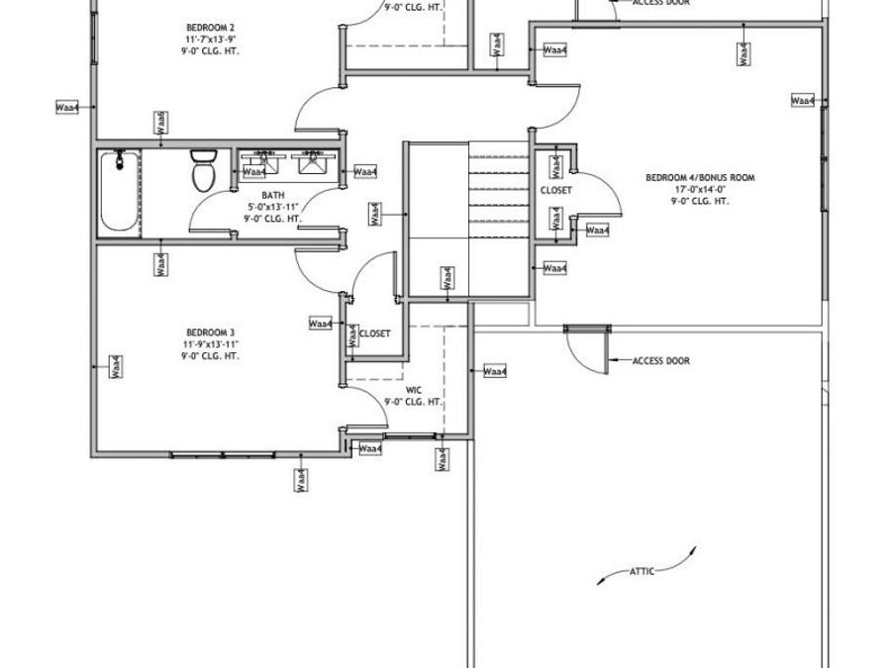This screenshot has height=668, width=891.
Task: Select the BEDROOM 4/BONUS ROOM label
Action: coord(700,177)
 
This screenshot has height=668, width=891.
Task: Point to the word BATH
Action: coord(273,195)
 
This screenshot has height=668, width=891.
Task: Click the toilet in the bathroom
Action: coord(204,170)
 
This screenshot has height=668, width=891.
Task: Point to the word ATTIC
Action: coord(641,571)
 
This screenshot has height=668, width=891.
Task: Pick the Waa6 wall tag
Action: coord(161,122)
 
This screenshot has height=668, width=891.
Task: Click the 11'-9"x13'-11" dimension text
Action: coord(211,343)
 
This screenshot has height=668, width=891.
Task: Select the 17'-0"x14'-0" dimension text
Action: coord(700,189)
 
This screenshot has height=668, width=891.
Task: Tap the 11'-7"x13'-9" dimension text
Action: coord(211,38)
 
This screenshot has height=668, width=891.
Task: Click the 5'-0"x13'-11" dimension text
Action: coord(273,207)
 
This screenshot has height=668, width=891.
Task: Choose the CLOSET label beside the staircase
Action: coord(556,189)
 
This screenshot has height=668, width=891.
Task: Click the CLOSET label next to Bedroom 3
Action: coord(374,334)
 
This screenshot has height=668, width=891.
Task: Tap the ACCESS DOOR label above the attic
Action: coord(660,361)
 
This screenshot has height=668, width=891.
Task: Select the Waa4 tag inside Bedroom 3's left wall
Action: coord(115,366)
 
